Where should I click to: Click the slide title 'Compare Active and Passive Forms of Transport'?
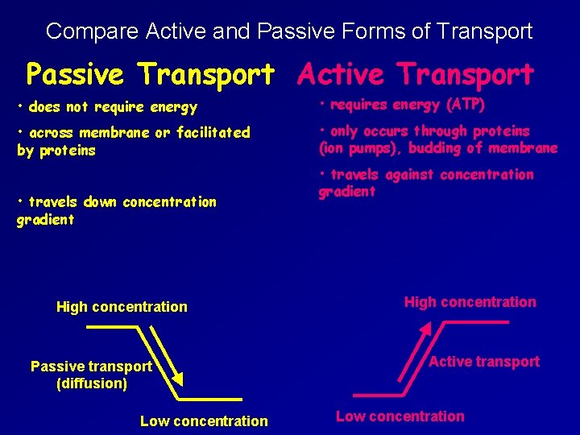(289, 31)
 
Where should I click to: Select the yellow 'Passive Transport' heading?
(150, 74)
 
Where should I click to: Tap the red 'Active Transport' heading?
(415, 74)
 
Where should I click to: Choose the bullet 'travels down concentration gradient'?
(116, 210)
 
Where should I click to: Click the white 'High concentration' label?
(122, 307)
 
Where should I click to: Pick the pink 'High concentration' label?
(470, 302)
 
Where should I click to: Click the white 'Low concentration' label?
(204, 420)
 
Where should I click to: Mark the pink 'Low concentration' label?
(400, 416)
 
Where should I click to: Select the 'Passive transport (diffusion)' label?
(91, 375)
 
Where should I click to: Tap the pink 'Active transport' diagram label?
(483, 362)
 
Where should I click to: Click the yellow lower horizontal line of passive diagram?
(212, 399)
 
